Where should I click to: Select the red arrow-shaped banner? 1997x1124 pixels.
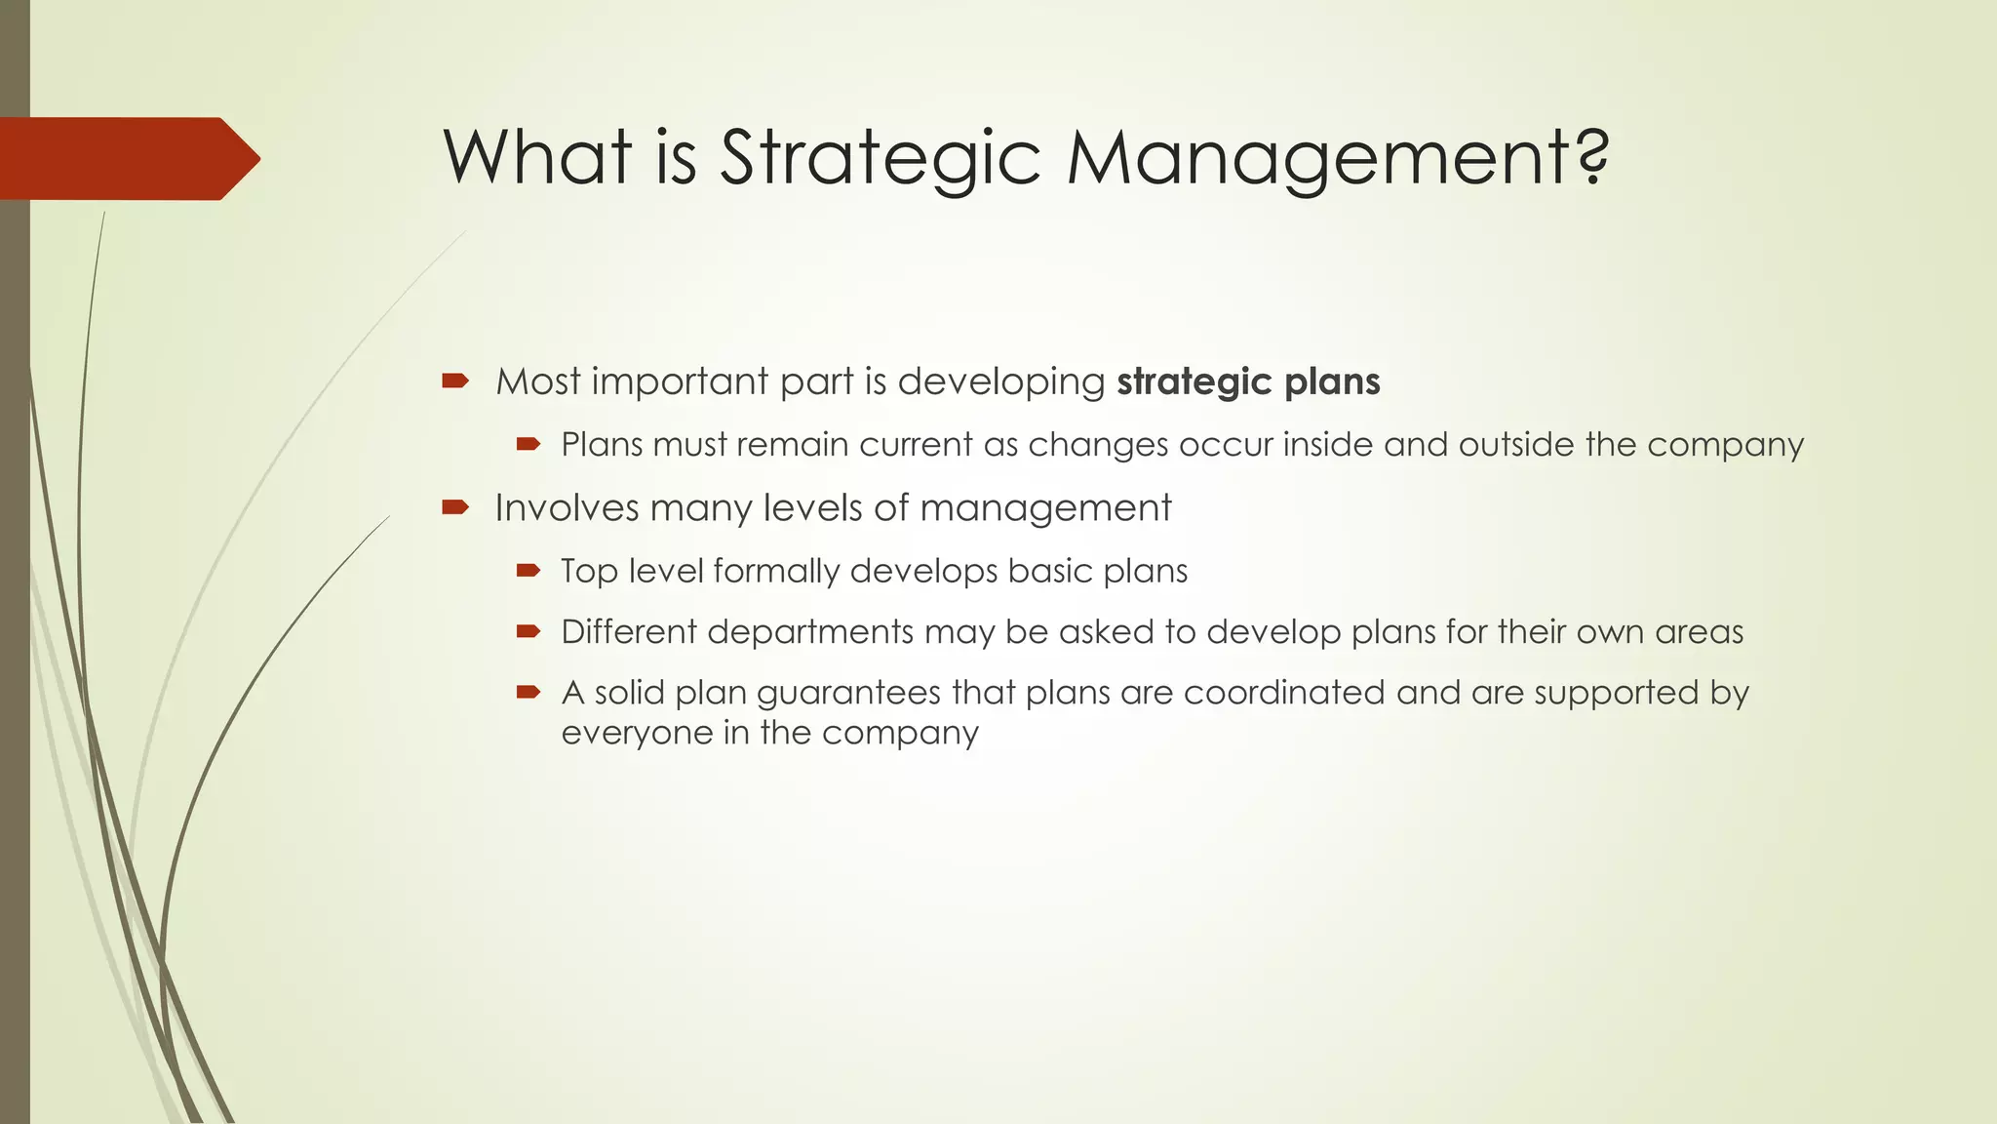click(x=127, y=158)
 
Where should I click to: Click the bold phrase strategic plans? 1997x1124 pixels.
click(x=1248, y=381)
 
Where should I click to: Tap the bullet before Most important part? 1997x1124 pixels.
click(x=455, y=381)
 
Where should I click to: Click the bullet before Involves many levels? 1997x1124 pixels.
click(x=455, y=506)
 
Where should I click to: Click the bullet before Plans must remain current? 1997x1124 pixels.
click(x=529, y=445)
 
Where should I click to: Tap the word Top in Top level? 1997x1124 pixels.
click(x=589, y=571)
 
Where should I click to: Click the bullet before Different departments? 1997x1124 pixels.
click(x=529, y=632)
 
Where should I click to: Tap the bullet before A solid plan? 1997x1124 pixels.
click(x=529, y=693)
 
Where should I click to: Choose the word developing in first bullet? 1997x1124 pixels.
click(x=1000, y=382)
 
